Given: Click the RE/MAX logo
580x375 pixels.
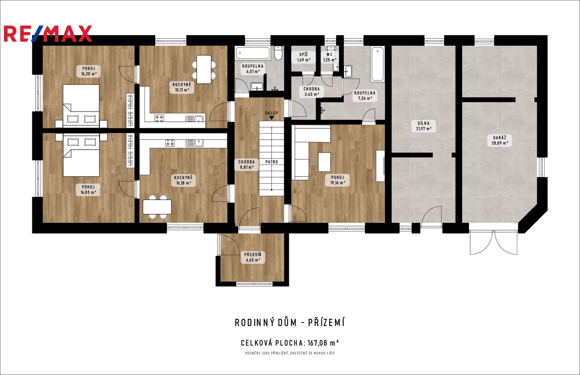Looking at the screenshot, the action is click(48, 34).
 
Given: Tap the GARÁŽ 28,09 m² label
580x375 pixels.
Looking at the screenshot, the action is click(500, 140).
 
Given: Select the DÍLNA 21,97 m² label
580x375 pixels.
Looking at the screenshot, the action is click(423, 126).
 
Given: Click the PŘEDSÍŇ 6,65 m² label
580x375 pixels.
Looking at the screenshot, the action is click(253, 257).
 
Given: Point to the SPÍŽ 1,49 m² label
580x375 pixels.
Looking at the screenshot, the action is click(303, 57).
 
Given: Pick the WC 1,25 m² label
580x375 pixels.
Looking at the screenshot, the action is click(330, 57).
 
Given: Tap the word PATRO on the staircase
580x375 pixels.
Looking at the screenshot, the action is click(272, 162).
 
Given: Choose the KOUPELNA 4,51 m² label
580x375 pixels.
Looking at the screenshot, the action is click(253, 69).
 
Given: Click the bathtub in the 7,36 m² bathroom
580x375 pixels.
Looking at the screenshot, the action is click(377, 64).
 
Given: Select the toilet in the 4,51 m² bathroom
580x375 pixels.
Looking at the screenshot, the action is click(278, 53).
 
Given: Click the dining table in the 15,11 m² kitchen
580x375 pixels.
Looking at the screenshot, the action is click(204, 69).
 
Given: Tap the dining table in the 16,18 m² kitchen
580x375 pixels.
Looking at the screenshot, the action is click(157, 207).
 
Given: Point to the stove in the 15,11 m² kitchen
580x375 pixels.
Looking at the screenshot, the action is click(159, 118).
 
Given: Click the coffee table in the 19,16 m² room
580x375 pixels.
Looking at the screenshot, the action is click(324, 162).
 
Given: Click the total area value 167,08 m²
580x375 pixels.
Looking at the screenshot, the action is click(323, 343).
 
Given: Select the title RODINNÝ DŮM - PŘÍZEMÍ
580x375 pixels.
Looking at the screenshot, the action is click(290, 323).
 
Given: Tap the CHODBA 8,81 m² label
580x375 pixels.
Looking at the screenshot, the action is click(246, 164).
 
